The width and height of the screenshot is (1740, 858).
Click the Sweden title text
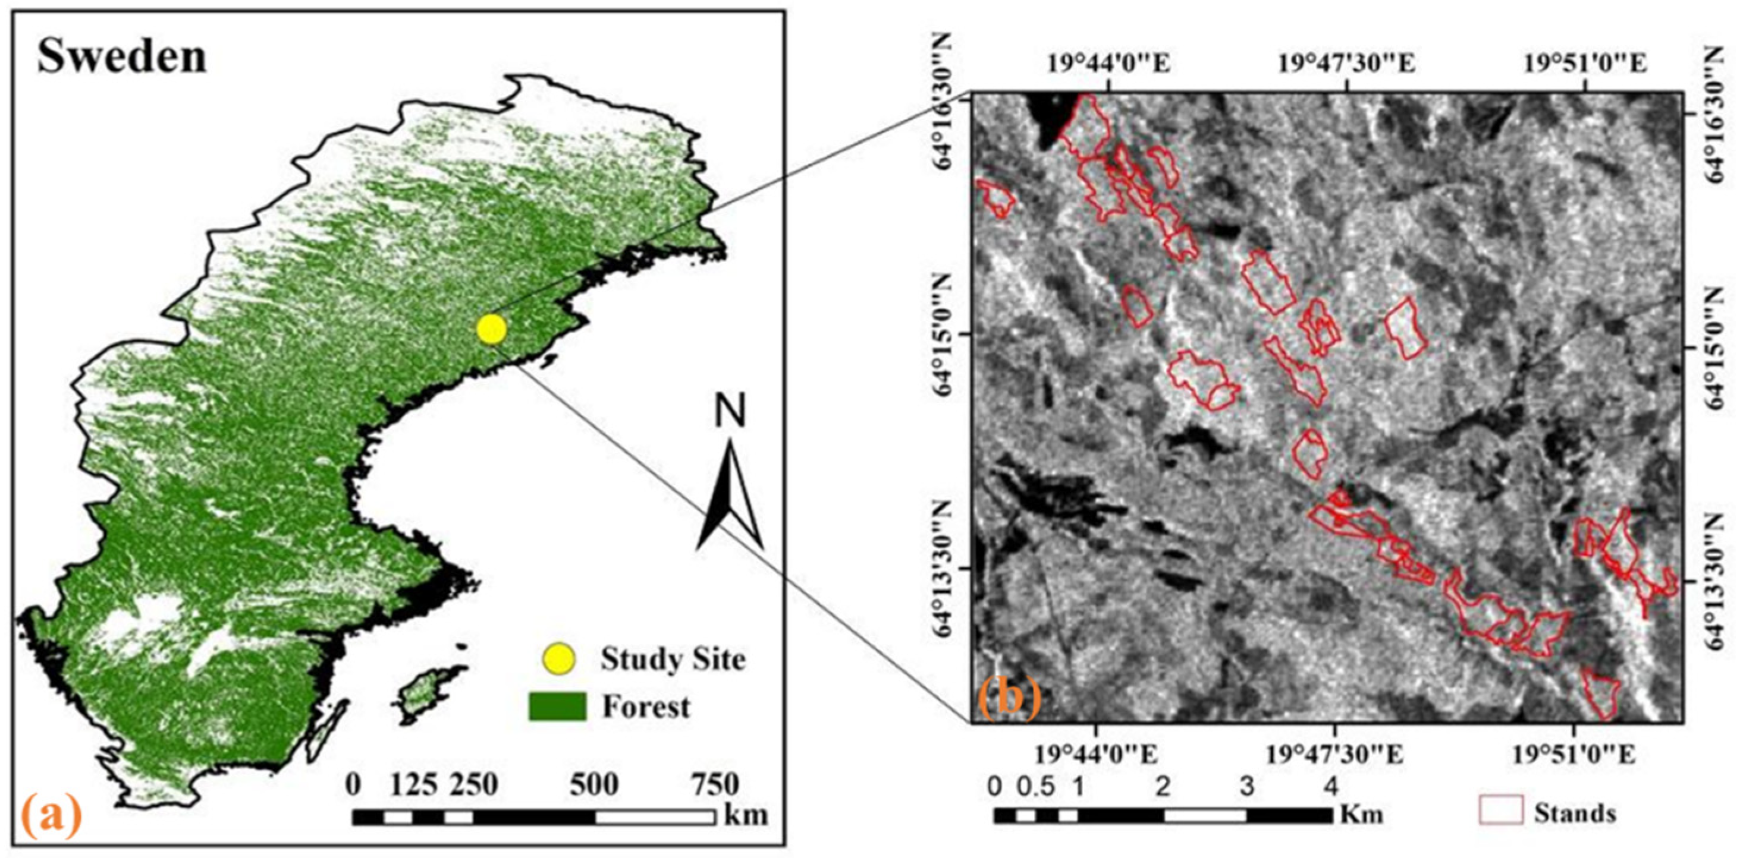[x=121, y=56]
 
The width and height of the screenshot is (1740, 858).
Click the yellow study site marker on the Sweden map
[x=491, y=329]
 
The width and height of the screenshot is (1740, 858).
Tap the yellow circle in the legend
[x=560, y=659]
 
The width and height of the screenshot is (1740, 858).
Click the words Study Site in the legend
[x=673, y=659]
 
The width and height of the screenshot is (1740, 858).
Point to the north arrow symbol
[x=730, y=496]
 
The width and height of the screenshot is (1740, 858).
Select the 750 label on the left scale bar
[x=715, y=784]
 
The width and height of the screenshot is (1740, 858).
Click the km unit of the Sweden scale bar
[x=746, y=815]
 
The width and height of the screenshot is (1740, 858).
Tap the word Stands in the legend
[x=1575, y=813]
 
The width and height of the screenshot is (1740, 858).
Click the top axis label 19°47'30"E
[x=1346, y=65]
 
